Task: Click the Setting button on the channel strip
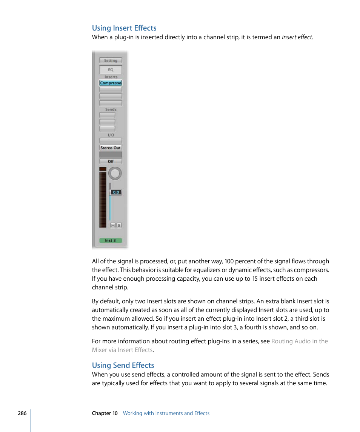[x=111, y=60]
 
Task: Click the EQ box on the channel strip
[x=111, y=70]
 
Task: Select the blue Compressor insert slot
[x=111, y=83]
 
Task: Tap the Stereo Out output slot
[x=111, y=148]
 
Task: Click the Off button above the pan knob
[x=111, y=161]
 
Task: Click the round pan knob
[x=115, y=174]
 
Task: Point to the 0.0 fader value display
[x=116, y=192]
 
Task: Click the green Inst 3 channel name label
[x=111, y=240]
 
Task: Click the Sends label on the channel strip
[x=111, y=109]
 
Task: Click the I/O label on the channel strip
[x=111, y=135]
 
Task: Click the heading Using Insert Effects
[x=124, y=28]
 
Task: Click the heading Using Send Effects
[x=123, y=365]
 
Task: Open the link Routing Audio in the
[x=299, y=341]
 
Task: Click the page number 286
[x=22, y=413]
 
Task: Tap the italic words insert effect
[x=297, y=37]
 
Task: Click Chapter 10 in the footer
[x=105, y=413]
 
